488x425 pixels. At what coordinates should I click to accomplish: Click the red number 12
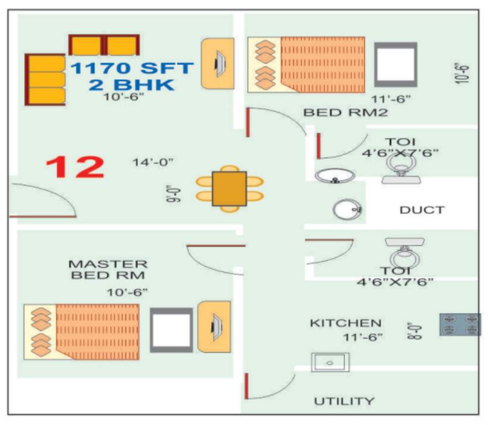75,167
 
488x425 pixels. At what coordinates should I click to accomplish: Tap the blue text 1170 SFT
132,69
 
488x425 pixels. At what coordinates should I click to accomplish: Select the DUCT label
422,210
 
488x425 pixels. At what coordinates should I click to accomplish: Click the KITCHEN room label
345,323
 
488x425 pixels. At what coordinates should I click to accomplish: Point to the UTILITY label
344,401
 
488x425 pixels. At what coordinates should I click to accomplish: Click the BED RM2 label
345,112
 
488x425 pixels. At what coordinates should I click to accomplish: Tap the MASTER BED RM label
108,269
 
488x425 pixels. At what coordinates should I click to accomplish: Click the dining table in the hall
229,189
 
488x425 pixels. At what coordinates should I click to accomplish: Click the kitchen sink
330,362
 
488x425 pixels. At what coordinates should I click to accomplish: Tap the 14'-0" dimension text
153,162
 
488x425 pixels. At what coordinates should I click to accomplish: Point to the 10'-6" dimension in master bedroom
128,292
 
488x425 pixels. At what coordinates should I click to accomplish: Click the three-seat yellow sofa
45,79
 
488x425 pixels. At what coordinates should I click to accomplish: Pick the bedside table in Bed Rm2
395,64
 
